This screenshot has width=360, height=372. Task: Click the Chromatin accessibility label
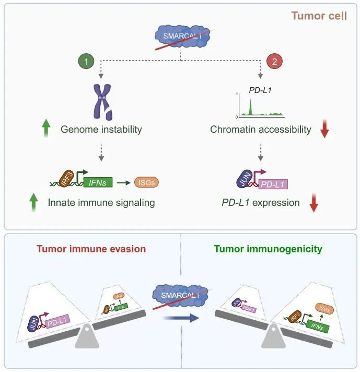(261, 129)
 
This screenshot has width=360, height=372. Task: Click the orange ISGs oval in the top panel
(146, 182)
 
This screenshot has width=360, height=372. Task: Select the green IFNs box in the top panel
(98, 182)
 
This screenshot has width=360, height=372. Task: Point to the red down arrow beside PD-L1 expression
(313, 203)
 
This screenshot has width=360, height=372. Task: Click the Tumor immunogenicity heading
(268, 249)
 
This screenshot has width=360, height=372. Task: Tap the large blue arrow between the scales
(180, 318)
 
